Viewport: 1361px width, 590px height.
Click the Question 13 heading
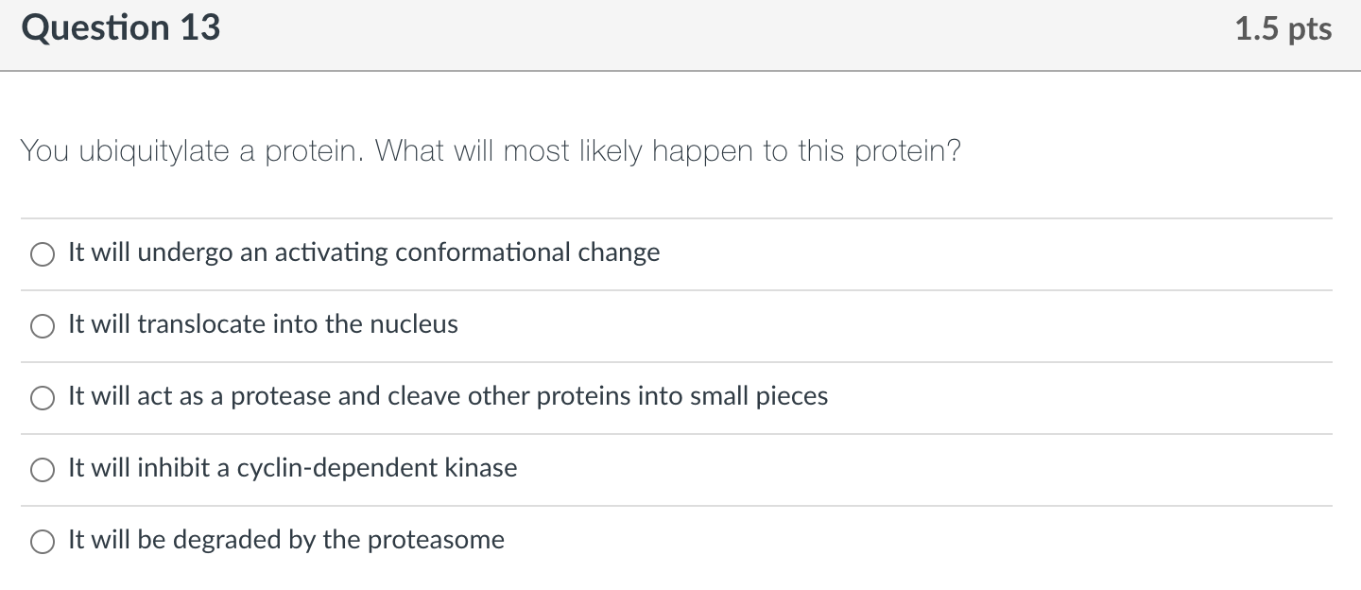(121, 28)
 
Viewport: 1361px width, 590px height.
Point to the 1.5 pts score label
(1283, 29)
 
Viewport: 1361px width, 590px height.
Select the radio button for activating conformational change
(43, 254)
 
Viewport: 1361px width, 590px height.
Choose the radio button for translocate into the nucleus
(43, 326)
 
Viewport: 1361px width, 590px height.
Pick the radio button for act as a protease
(43, 398)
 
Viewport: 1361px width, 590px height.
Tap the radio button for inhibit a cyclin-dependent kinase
(43, 470)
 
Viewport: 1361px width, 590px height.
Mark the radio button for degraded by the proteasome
(43, 542)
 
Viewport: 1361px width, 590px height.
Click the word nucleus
(413, 324)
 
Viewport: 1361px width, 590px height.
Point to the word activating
(331, 252)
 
